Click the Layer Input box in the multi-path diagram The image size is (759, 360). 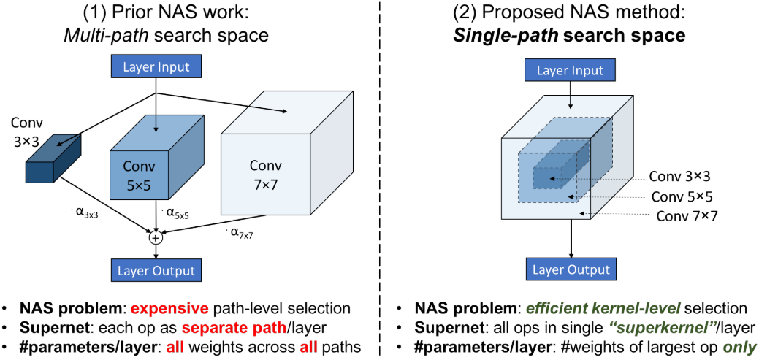coord(156,68)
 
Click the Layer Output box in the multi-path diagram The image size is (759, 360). coord(156,269)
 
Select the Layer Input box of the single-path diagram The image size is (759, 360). coord(570,71)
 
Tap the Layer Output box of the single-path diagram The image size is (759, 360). coord(570,269)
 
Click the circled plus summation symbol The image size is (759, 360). coord(155,237)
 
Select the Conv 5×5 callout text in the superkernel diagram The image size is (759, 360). coord(682,196)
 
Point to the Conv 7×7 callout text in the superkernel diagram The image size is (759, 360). coord(687,215)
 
